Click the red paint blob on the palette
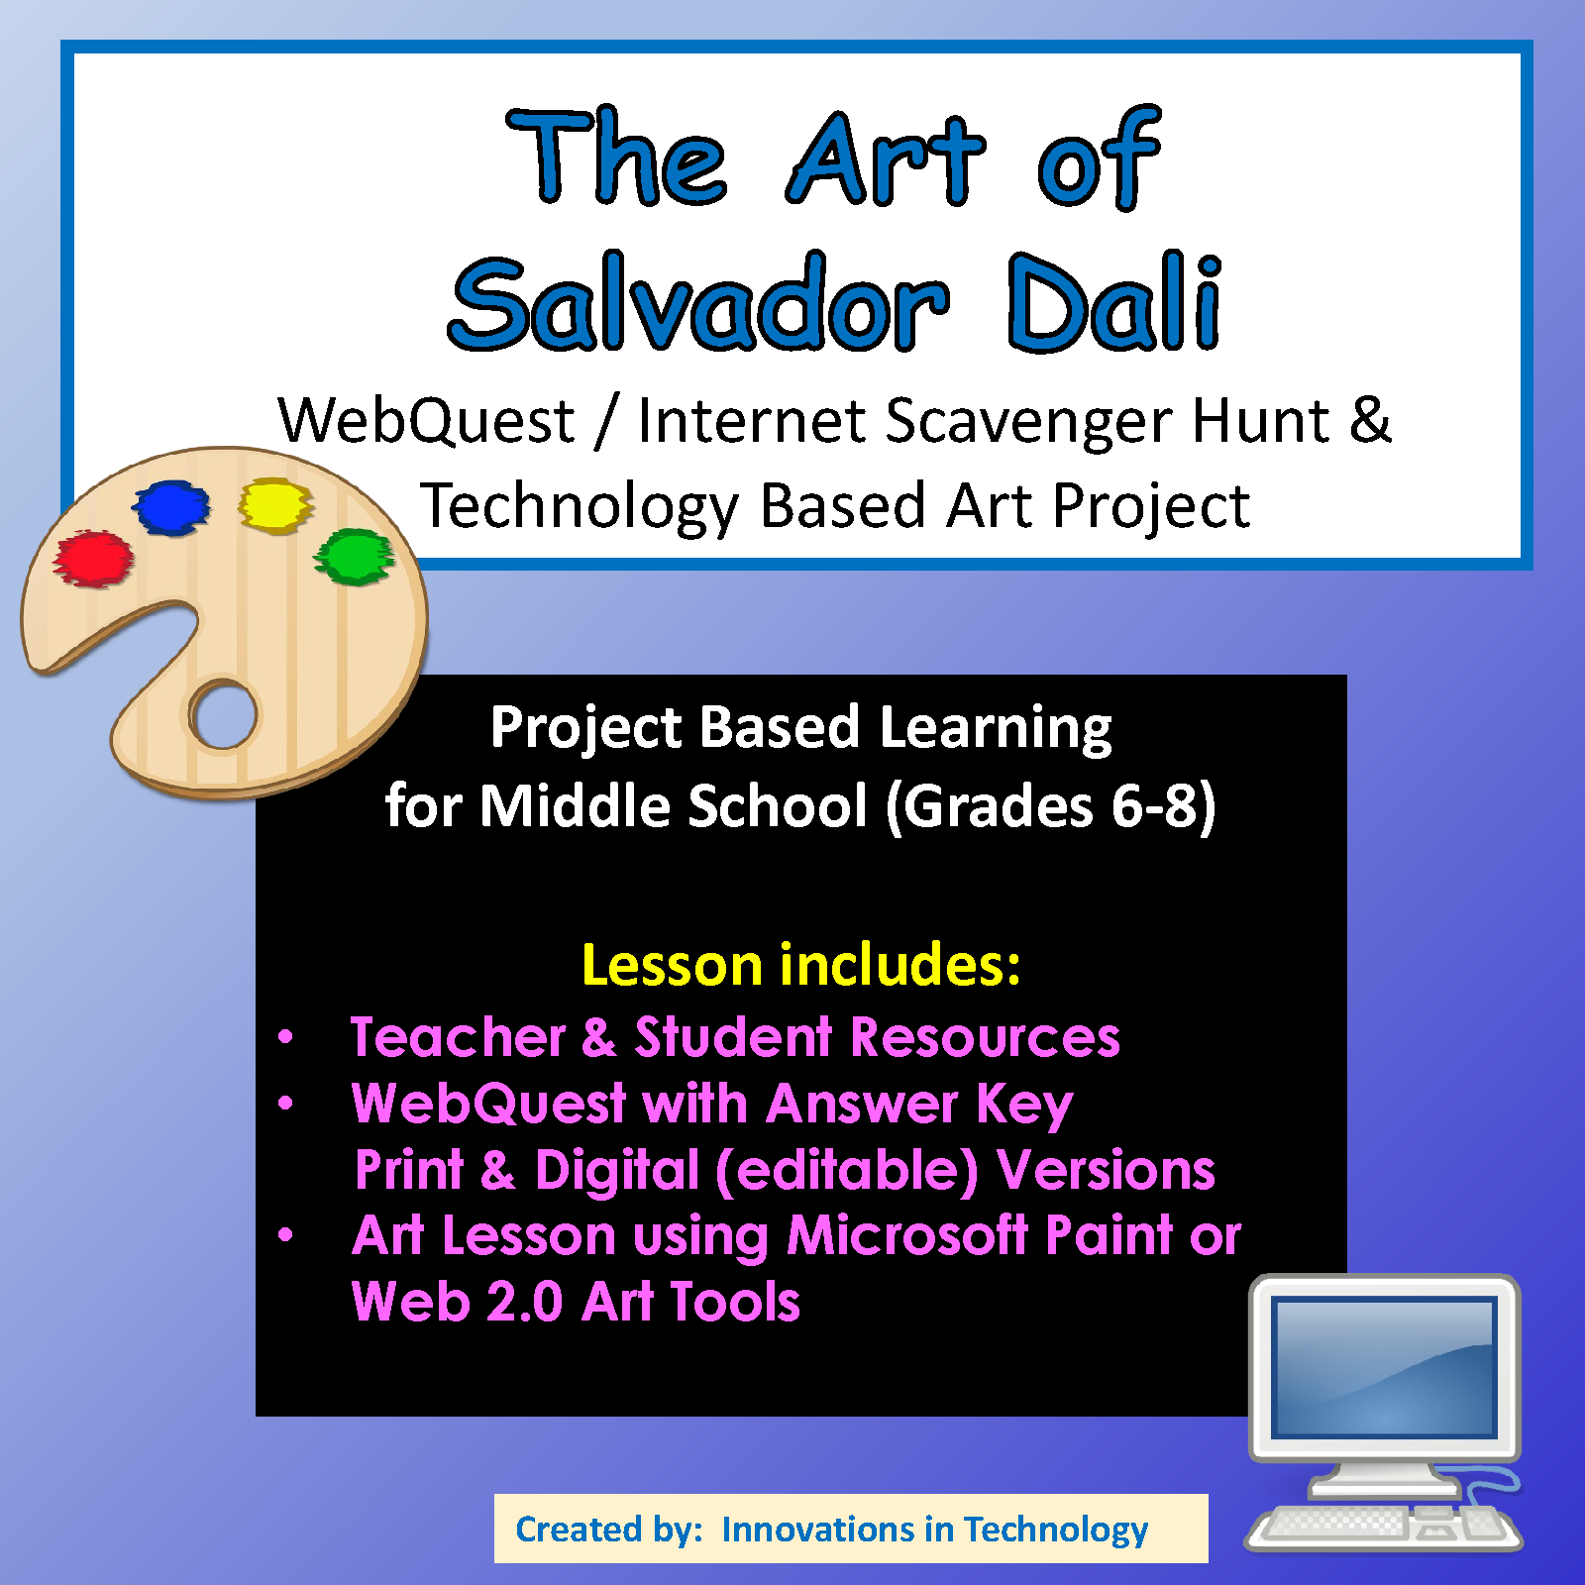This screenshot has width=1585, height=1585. click(x=93, y=558)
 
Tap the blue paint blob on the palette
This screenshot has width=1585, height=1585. click(x=171, y=508)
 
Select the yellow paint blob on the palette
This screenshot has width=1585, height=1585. click(x=275, y=505)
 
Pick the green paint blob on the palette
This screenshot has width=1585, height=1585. click(x=354, y=556)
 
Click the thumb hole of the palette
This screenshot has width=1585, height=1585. click(x=224, y=713)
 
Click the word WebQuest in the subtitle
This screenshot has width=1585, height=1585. click(x=427, y=420)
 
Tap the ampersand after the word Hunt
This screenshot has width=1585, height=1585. click(x=1370, y=419)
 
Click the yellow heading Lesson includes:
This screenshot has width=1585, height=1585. click(x=800, y=965)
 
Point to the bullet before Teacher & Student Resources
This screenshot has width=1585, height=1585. click(x=286, y=1037)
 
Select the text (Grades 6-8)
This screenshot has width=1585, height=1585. click(x=1050, y=806)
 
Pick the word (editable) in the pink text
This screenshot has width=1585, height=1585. click(x=847, y=1171)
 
